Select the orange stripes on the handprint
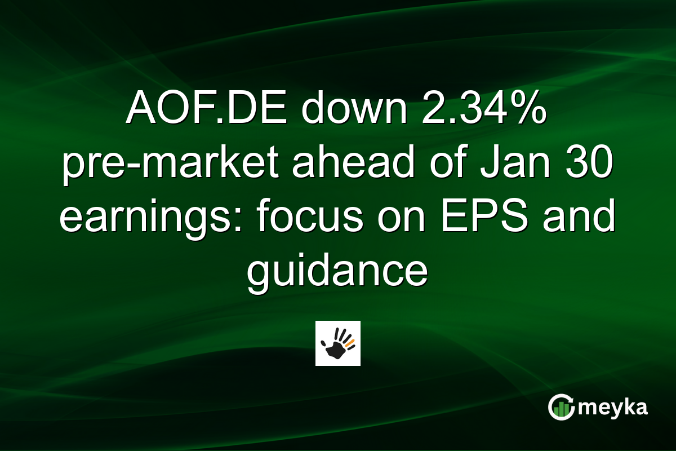(350, 342)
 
